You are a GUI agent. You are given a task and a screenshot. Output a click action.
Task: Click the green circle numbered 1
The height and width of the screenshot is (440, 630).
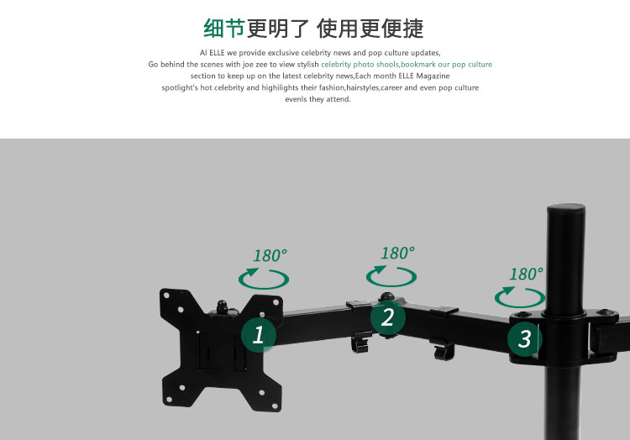pos(259,334)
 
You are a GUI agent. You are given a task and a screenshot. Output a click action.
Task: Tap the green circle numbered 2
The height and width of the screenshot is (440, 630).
pos(388,317)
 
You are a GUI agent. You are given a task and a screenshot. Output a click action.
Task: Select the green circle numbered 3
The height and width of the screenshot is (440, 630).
pos(525,338)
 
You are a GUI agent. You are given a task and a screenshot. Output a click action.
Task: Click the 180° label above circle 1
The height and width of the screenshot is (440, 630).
pos(270,255)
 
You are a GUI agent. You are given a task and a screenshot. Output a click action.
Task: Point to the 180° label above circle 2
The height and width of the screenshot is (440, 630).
pos(398,253)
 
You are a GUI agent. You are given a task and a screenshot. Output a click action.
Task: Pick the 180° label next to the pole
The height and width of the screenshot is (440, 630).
pos(527,274)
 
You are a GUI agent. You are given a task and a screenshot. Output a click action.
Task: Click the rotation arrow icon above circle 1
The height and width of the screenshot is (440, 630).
pos(264,278)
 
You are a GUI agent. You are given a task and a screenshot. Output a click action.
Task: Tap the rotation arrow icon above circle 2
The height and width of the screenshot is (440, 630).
pos(391,275)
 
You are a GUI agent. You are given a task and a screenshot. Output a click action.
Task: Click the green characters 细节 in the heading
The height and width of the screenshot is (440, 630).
pos(224,29)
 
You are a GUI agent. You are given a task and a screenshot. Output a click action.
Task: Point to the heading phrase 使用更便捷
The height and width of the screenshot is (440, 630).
pos(370,29)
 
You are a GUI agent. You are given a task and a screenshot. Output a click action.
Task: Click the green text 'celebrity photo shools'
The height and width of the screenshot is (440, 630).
pos(360,64)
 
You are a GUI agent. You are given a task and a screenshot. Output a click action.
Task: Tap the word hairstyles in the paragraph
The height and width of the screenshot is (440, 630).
pos(361,87)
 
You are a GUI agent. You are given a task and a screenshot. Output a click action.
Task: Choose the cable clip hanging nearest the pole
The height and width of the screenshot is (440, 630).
pos(444,349)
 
